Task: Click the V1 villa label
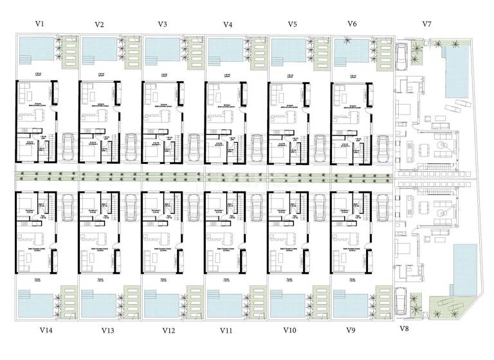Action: (40, 23)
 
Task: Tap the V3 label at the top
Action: (163, 24)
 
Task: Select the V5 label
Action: (292, 24)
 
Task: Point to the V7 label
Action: (426, 24)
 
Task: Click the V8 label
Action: (404, 328)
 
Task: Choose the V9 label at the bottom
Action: (351, 330)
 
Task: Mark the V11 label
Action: (226, 330)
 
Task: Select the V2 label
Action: (99, 24)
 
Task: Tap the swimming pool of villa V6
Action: (351, 49)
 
